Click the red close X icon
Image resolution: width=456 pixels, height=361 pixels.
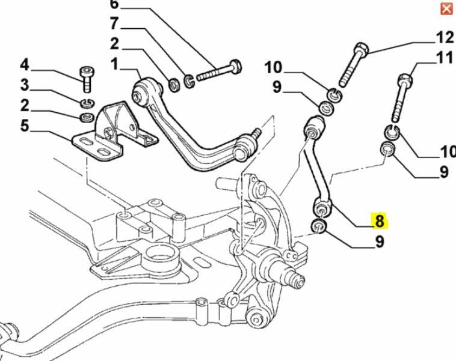click(446, 8)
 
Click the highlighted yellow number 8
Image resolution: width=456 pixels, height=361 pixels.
click(380, 221)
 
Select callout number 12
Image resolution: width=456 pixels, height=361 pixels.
click(445, 38)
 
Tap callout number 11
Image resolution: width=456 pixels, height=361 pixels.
click(445, 59)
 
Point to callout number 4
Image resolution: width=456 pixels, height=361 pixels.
click(25, 64)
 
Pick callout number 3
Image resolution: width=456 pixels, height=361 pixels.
click(25, 85)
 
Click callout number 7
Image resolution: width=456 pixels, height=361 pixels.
click(114, 24)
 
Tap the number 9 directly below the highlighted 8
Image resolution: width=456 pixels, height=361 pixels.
click(380, 242)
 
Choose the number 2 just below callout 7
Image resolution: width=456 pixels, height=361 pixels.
click(114, 43)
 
